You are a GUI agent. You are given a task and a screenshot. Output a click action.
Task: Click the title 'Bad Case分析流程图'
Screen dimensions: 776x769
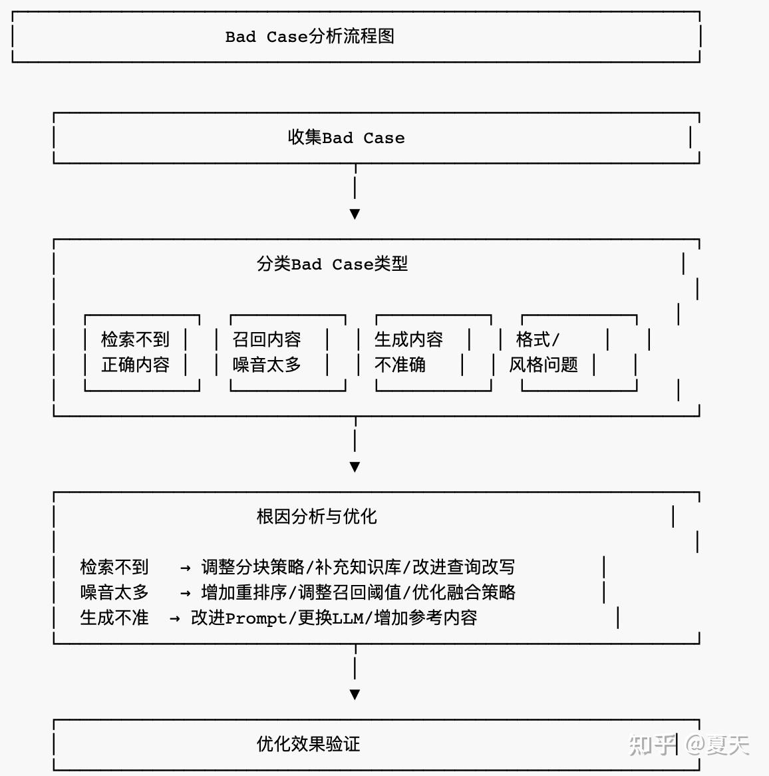tap(309, 37)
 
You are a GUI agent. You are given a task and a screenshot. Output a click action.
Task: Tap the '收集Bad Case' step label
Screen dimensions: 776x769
tap(346, 138)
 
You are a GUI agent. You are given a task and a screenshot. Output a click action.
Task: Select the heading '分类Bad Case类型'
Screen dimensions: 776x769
tap(332, 264)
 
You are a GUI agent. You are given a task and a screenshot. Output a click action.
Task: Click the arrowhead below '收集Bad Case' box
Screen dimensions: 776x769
tap(355, 214)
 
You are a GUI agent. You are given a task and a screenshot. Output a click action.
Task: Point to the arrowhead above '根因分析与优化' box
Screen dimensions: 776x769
tap(355, 467)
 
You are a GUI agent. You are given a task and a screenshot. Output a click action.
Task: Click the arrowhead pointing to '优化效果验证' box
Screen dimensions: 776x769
tap(355, 695)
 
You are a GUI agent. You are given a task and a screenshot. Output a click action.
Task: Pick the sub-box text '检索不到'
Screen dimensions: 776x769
tap(135, 339)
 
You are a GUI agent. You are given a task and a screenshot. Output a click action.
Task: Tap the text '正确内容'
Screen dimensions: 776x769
tap(135, 365)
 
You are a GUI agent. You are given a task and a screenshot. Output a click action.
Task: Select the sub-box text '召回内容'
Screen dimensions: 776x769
tap(267, 339)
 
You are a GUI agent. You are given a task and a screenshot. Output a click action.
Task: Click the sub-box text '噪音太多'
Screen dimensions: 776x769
tap(267, 365)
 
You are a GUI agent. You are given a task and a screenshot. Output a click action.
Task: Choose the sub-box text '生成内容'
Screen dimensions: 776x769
tap(408, 339)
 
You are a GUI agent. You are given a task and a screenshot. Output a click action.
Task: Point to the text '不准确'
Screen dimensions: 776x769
tap(400, 365)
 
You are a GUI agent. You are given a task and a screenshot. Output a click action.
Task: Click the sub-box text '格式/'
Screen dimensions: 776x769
tap(538, 339)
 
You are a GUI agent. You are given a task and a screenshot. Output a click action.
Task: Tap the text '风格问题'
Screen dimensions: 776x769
tap(543, 365)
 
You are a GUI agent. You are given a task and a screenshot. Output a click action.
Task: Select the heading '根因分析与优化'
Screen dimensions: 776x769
tap(317, 516)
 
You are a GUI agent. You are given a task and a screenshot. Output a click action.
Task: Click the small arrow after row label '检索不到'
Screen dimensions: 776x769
tap(186, 568)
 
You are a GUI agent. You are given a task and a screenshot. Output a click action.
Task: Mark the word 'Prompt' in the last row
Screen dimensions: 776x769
tap(256, 618)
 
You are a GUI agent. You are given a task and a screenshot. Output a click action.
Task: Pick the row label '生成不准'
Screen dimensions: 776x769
tap(114, 618)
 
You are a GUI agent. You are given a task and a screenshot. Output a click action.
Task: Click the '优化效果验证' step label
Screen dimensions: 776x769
tap(308, 744)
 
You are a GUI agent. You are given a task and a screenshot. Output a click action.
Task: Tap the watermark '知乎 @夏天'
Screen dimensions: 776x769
tap(689, 745)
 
